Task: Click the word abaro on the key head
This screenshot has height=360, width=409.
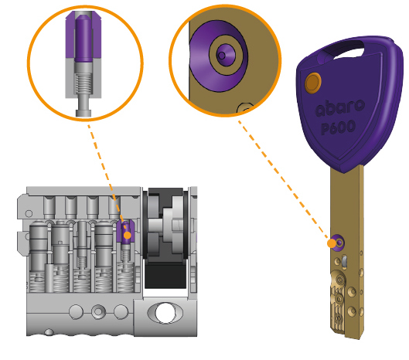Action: click(x=340, y=107)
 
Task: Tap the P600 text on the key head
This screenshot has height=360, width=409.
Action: click(x=339, y=127)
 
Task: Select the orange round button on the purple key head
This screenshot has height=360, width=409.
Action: click(x=313, y=83)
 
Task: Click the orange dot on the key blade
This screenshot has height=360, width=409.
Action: click(x=332, y=244)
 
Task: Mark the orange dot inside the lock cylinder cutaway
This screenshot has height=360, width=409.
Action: click(x=128, y=236)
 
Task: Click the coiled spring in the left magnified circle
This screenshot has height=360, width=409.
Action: click(x=84, y=83)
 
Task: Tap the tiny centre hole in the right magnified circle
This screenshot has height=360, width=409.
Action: click(x=221, y=56)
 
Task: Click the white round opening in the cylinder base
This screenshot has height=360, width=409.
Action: click(x=165, y=313)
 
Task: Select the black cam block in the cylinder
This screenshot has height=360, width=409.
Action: click(x=165, y=274)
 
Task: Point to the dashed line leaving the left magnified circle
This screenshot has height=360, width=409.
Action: click(x=107, y=177)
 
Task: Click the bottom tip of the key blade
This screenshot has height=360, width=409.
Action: click(x=355, y=338)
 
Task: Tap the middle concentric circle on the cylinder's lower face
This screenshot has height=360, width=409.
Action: click(x=98, y=311)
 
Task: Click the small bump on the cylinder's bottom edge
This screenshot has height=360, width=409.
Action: click(x=49, y=332)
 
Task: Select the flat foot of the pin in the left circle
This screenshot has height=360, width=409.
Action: click(x=84, y=113)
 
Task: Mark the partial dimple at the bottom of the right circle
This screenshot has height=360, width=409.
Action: click(x=244, y=108)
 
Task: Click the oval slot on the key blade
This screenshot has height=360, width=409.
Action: click(x=345, y=262)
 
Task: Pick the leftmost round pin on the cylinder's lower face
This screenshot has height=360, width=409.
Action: click(x=77, y=311)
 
